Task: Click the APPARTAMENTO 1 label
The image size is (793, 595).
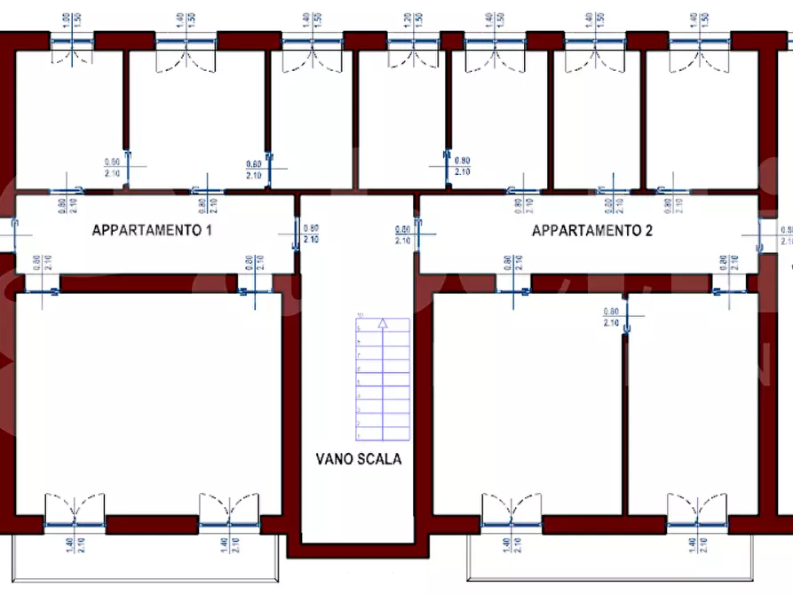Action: coord(153,230)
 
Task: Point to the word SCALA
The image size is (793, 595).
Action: coord(379,459)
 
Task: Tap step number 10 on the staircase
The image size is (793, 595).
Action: coord(361,315)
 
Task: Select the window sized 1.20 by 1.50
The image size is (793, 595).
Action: coord(412,44)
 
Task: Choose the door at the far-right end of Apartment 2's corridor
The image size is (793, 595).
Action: coord(760,234)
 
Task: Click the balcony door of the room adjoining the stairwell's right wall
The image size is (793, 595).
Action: coord(507,513)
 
